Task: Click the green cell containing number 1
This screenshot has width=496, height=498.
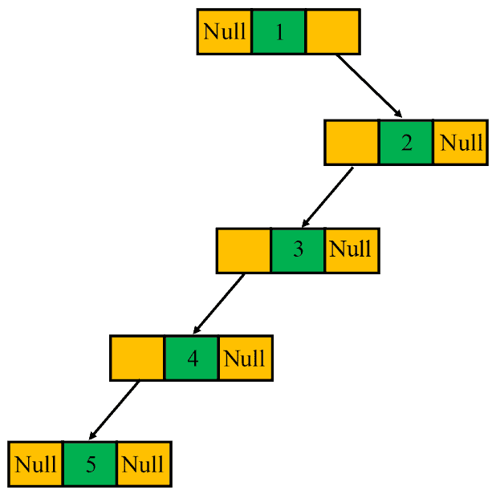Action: pos(278,32)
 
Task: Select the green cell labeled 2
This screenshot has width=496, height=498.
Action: pos(406,143)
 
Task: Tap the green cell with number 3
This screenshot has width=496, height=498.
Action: pos(298,250)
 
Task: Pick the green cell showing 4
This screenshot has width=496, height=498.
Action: pos(192,358)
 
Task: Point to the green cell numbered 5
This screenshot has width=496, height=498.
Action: pos(90,464)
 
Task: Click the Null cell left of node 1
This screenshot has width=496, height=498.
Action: pos(225,32)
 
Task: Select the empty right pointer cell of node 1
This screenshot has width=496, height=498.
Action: pos(332,32)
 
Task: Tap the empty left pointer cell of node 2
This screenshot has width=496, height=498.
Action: pos(352,143)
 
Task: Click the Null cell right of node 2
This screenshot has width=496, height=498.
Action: pos(461,143)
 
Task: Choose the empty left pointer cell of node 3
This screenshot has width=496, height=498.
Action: pos(244,250)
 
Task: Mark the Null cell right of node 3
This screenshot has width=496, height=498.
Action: pos(351,250)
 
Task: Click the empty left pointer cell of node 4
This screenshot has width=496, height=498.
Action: pos(137,358)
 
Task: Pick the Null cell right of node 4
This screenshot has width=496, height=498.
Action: pos(245,358)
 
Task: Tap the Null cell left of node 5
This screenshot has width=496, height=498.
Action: pos(36,464)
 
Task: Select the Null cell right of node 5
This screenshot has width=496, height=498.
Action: pos(144,464)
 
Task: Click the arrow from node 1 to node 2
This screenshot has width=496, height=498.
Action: pos(368,86)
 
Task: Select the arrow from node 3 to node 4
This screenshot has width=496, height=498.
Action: pos(219,304)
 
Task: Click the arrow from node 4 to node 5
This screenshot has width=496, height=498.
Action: pos(113,411)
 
